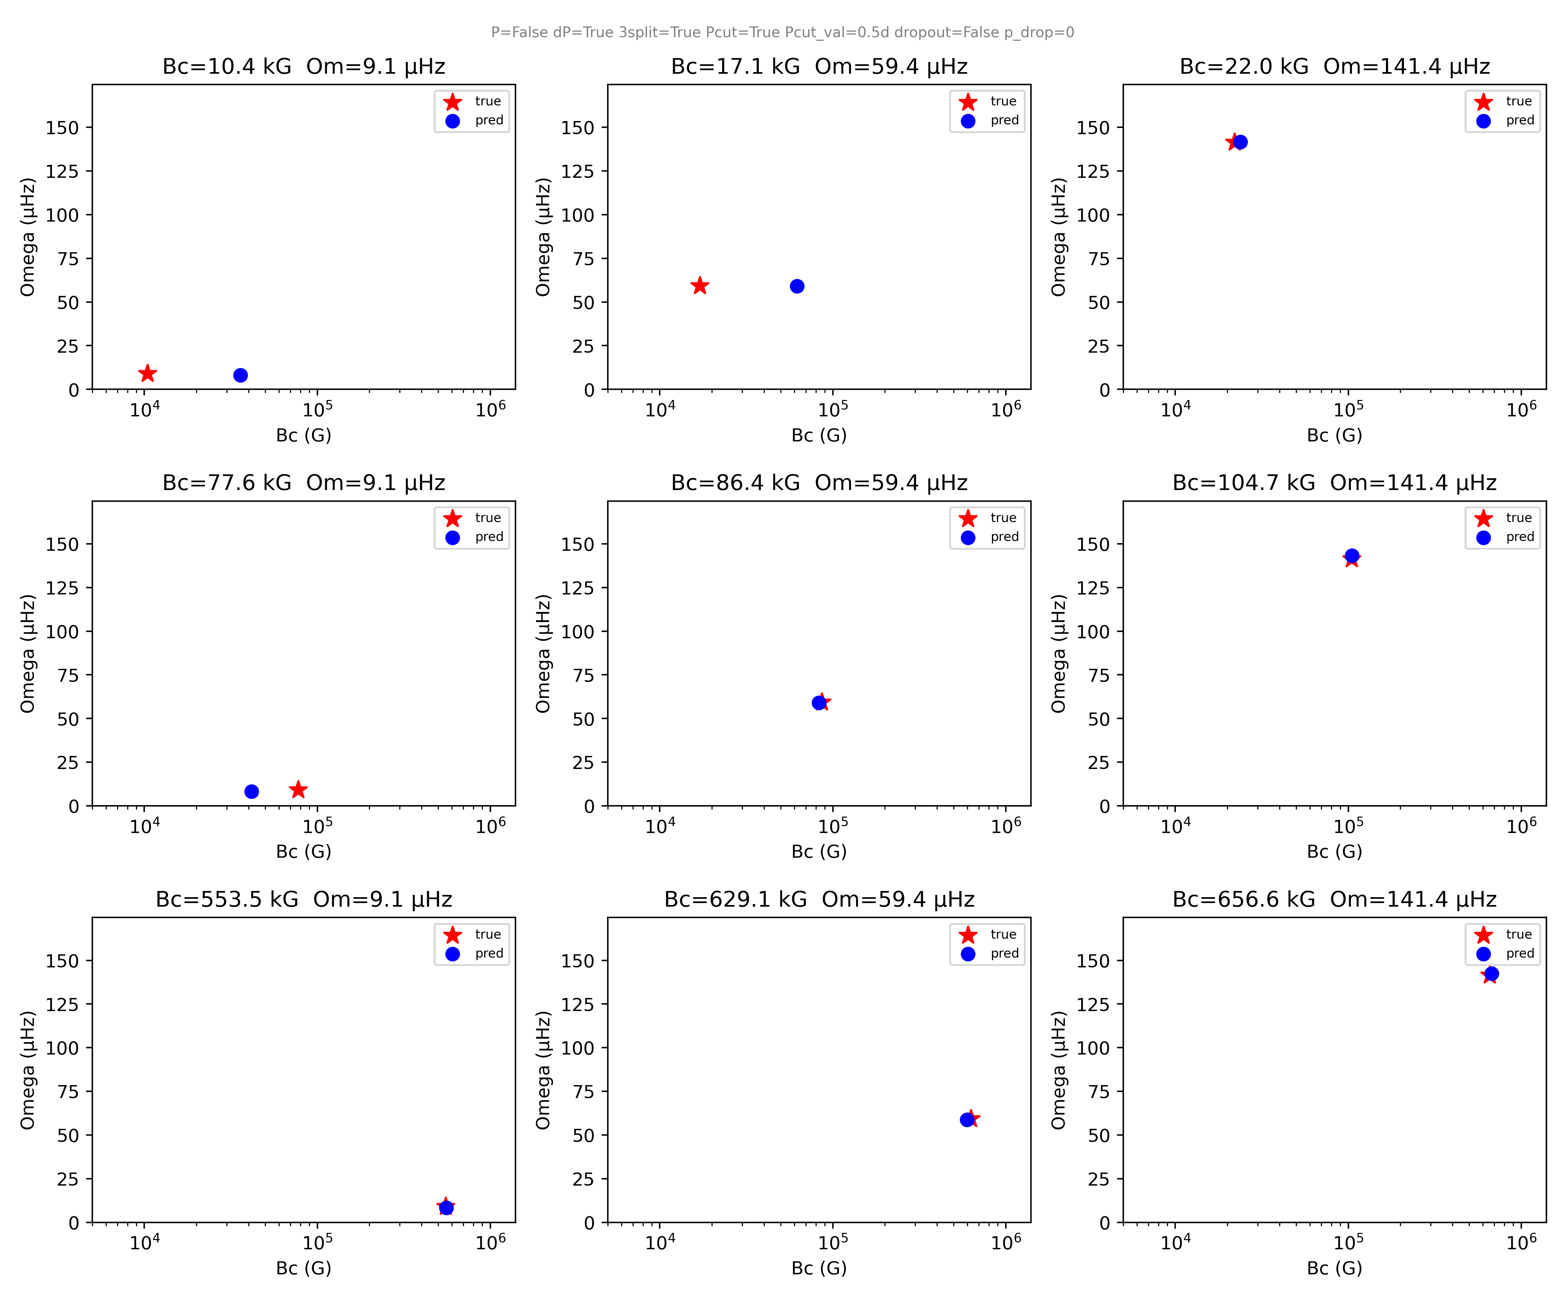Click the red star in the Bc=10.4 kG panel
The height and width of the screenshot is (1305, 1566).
[x=148, y=373]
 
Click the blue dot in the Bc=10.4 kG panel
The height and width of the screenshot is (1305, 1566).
[x=240, y=375]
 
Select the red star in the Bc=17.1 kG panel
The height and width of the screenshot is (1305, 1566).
[x=699, y=285]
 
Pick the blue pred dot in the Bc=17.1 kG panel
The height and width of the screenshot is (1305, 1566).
[x=797, y=286]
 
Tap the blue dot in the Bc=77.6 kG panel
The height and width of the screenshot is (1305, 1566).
[x=251, y=791]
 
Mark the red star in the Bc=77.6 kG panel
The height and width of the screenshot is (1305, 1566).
[x=298, y=789]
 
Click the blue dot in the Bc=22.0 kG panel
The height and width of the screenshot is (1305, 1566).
[x=1240, y=142]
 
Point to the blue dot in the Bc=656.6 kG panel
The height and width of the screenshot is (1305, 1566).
[x=1491, y=973]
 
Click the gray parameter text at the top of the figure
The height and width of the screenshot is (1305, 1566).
[x=782, y=32]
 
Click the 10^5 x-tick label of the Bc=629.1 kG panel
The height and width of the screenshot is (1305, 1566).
[x=833, y=1242]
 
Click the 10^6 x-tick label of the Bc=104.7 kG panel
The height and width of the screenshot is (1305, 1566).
[x=1521, y=825]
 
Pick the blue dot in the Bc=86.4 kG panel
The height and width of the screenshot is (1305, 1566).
[x=819, y=702]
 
